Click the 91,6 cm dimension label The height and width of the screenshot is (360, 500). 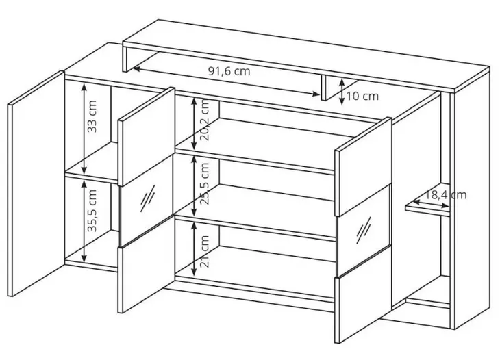pyautogui.click(x=229, y=71)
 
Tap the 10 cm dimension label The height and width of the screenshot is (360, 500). pyautogui.click(x=362, y=96)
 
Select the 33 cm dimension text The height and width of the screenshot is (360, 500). pyautogui.click(x=92, y=116)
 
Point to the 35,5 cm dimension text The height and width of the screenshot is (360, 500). pyautogui.click(x=92, y=211)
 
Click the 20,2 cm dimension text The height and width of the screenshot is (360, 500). pyautogui.click(x=205, y=120)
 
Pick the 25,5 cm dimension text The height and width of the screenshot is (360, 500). pyautogui.click(x=205, y=184)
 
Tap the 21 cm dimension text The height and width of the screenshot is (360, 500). pyautogui.click(x=205, y=252)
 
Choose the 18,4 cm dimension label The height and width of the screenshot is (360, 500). pyautogui.click(x=446, y=195)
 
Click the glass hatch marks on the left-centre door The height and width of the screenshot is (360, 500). pyautogui.click(x=147, y=198)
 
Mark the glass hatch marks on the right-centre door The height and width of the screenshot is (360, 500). pyautogui.click(x=364, y=230)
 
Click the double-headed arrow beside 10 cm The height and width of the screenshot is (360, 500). pyautogui.click(x=342, y=92)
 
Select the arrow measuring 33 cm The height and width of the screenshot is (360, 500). pyautogui.click(x=84, y=129)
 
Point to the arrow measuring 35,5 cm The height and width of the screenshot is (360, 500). pyautogui.click(x=84, y=221)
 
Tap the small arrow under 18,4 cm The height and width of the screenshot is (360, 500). pyautogui.click(x=431, y=204)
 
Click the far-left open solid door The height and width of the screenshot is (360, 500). pyautogui.click(x=36, y=184)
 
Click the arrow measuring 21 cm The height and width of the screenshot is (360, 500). pyautogui.click(x=194, y=249)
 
